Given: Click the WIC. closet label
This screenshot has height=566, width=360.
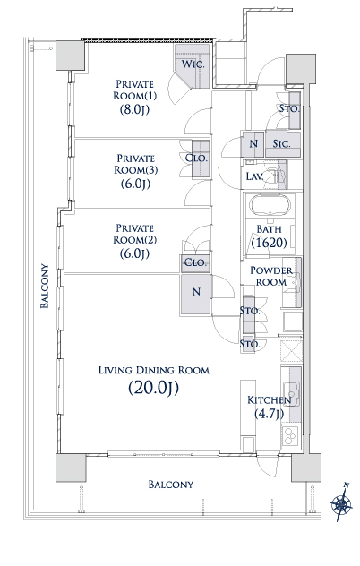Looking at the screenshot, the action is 193,64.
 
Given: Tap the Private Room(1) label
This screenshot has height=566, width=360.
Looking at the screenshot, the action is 134,90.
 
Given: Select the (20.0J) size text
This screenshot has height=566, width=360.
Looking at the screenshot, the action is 153,388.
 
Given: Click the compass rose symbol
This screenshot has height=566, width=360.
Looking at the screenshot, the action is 341,502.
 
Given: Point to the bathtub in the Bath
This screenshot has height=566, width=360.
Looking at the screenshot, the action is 270,205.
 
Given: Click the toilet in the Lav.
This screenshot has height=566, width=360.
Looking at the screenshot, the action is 278,176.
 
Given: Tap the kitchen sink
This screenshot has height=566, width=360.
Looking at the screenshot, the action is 291,393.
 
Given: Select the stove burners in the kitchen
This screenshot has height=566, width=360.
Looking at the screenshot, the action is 289,435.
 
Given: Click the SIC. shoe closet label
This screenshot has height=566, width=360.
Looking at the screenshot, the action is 281,143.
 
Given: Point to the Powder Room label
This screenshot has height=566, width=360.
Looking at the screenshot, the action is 271,276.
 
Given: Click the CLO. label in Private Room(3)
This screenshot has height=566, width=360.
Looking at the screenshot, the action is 196,159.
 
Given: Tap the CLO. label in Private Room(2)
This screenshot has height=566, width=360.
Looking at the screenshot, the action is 195,262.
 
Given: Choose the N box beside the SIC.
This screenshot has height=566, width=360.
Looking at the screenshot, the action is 253,143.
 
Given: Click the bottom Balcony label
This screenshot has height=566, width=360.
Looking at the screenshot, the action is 171,485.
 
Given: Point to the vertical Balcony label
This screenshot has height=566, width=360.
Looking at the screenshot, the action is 45,286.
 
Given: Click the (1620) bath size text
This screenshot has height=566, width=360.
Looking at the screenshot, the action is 269,242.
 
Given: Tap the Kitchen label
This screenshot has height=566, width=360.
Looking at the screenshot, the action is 269,400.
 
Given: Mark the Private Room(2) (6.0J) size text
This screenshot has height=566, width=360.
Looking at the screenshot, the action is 134,253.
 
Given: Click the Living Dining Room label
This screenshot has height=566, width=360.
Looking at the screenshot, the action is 154,370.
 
